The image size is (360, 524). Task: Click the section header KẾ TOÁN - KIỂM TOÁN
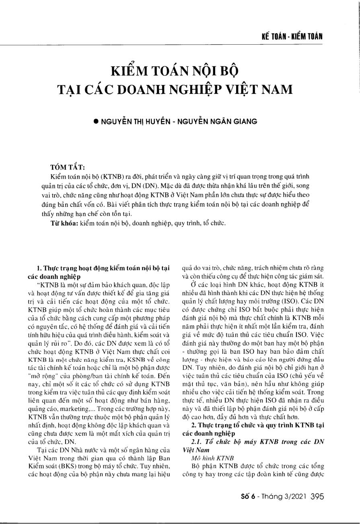292,37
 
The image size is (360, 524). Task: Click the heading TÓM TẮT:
67,167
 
